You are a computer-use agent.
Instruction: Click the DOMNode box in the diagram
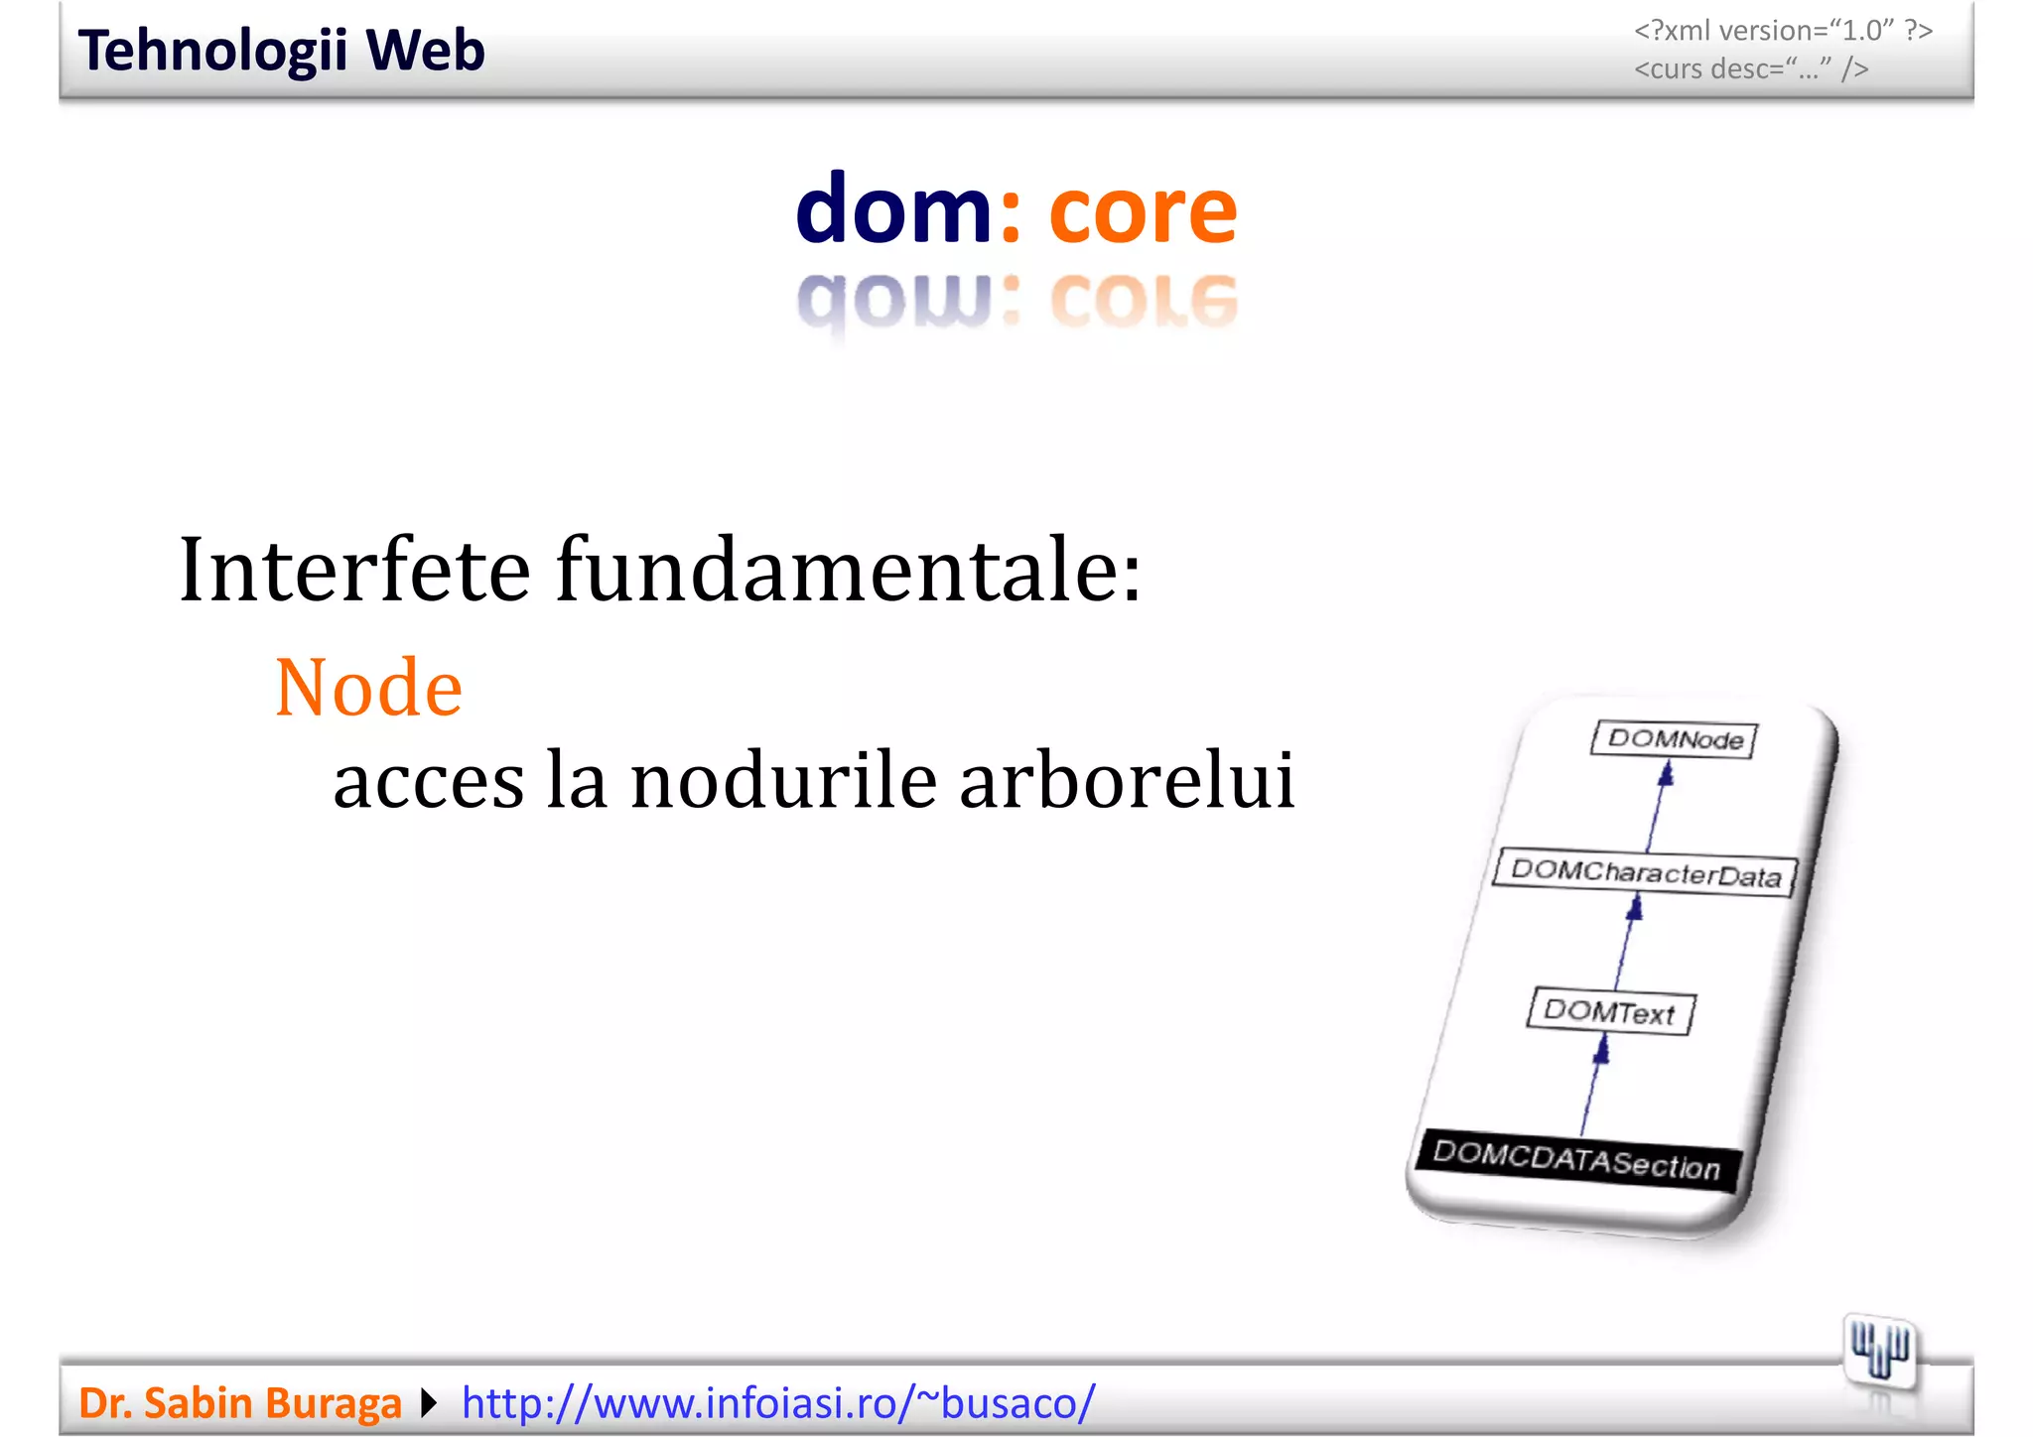point(1674,739)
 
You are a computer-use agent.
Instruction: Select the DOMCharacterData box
point(1645,873)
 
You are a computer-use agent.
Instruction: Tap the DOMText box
point(1609,1012)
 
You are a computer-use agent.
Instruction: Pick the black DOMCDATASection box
point(1576,1161)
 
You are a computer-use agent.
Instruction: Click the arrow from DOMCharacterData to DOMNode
point(1659,805)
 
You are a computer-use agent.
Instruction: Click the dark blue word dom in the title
point(892,210)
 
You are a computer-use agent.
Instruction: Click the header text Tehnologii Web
point(281,51)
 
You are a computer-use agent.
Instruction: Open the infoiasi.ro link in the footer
point(778,1403)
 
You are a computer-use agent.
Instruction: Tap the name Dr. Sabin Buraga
point(239,1403)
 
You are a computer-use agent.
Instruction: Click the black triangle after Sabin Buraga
point(429,1403)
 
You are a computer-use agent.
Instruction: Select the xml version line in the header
point(1782,31)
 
